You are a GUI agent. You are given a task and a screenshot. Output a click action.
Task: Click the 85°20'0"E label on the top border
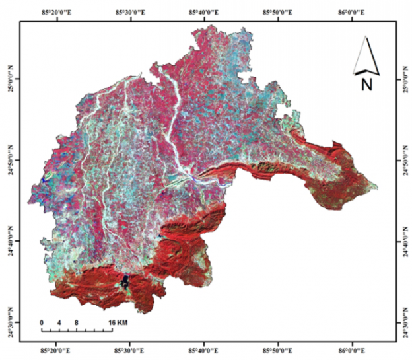click(x=59, y=11)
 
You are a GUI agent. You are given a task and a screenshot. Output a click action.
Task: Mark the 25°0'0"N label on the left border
click(x=10, y=79)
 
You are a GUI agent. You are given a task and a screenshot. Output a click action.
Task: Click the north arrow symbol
click(x=366, y=55)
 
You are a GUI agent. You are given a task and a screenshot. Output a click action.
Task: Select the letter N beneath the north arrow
click(x=366, y=85)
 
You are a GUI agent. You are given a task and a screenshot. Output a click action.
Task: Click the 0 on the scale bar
click(x=42, y=322)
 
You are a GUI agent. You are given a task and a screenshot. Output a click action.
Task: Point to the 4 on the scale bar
click(x=59, y=322)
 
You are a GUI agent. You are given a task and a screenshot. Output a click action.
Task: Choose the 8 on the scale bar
click(x=77, y=322)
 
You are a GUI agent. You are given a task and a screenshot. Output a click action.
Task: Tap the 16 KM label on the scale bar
click(x=118, y=322)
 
